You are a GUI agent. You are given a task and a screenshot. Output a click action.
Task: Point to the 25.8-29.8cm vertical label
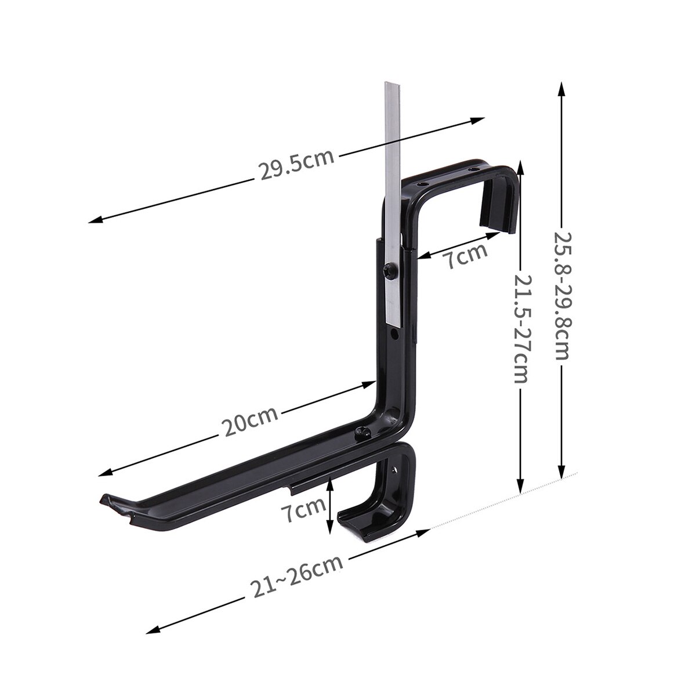(561, 296)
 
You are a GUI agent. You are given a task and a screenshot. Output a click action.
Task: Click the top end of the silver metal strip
(391, 85)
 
